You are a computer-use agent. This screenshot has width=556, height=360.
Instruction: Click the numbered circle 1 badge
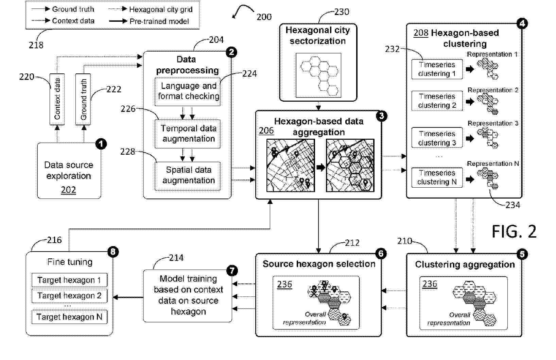(x=101, y=144)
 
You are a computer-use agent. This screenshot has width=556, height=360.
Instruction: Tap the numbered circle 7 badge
(x=232, y=271)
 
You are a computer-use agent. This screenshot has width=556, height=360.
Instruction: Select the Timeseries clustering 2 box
(x=437, y=101)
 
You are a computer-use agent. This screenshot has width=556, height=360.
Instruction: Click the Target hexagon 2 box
(x=69, y=296)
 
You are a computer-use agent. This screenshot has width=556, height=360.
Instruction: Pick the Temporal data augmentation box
(x=188, y=134)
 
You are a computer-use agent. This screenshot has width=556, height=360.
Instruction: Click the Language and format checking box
(x=188, y=91)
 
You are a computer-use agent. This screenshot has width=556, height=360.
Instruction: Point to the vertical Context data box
(x=57, y=99)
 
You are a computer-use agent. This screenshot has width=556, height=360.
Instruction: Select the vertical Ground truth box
(x=83, y=99)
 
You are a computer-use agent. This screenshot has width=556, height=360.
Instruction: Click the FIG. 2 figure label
(x=514, y=232)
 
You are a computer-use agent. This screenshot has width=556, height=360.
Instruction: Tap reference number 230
(x=342, y=12)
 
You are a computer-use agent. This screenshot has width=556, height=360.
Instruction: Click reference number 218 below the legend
(x=36, y=45)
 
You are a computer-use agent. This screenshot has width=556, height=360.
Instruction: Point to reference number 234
(x=512, y=205)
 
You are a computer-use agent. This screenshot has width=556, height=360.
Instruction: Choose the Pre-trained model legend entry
(x=149, y=21)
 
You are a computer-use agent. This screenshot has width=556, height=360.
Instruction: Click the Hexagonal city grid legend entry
(x=151, y=10)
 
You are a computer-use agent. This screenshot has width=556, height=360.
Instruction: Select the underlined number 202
(x=68, y=190)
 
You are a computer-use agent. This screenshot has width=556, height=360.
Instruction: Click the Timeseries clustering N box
(x=437, y=177)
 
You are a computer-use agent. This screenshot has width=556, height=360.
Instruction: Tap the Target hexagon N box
(x=69, y=317)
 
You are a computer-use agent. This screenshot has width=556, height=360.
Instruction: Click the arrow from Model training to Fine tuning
(x=128, y=297)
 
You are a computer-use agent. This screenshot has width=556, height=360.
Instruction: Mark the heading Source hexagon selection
(x=319, y=264)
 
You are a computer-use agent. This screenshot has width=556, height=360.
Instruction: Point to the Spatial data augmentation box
(x=188, y=176)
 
